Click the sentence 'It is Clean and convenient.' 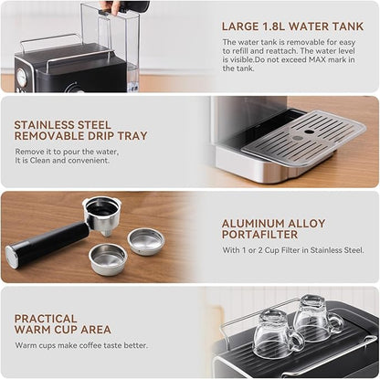69,164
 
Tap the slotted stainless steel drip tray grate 305,137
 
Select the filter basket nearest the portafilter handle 108,259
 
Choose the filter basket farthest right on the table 145,241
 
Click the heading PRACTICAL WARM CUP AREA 63,323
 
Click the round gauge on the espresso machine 20,79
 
